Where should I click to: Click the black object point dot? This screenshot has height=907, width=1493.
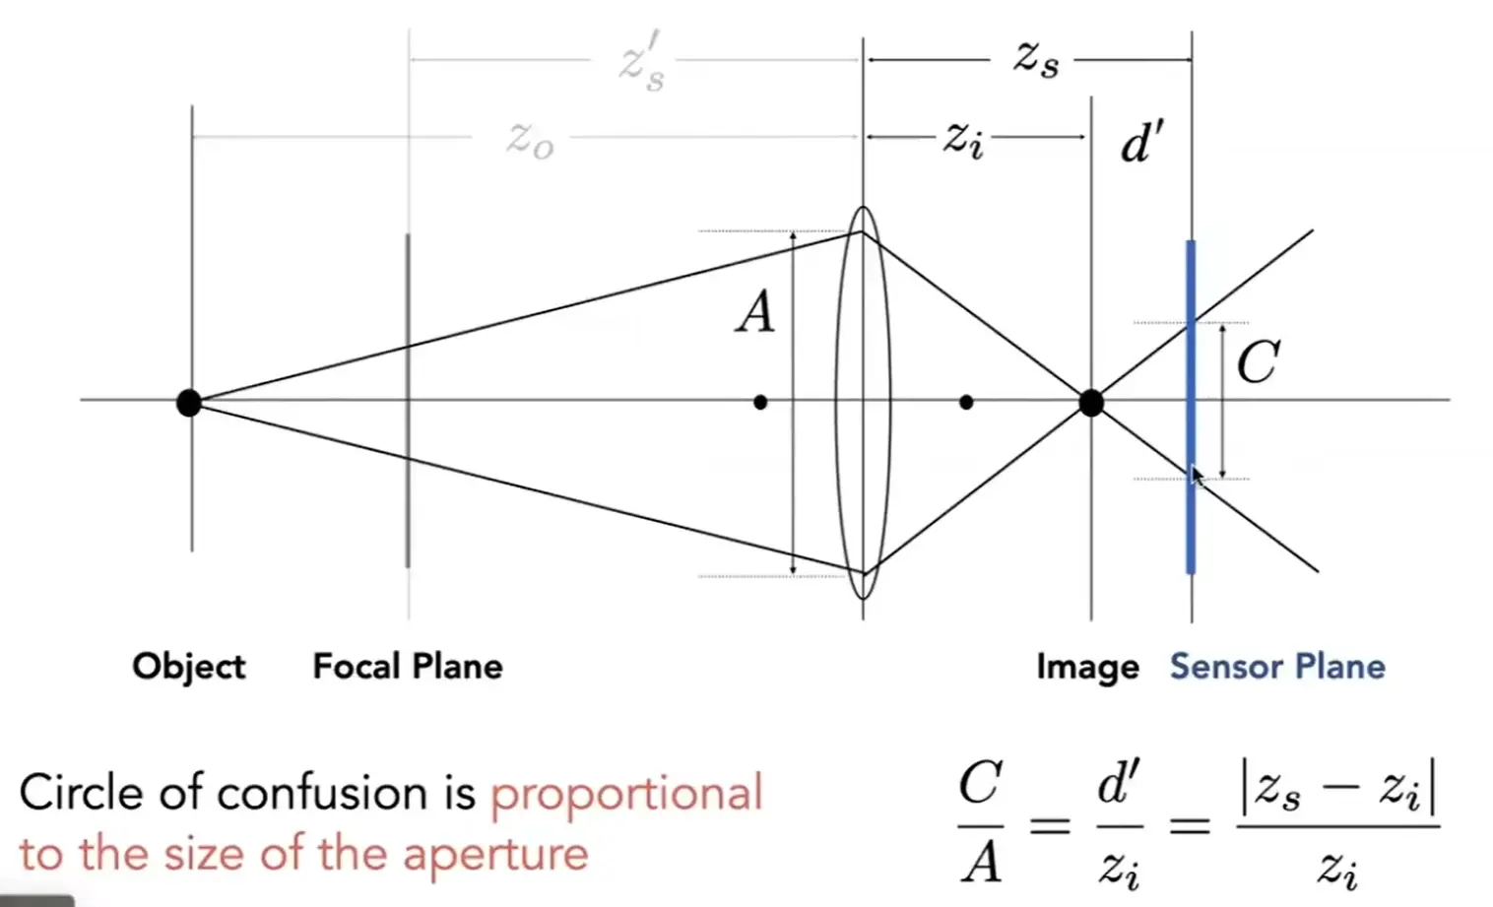click(189, 403)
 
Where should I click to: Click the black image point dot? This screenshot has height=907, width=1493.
click(1091, 403)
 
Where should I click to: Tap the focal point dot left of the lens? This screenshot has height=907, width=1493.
click(760, 403)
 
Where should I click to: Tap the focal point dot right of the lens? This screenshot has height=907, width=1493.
click(966, 403)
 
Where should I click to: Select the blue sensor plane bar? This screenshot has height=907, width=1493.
click(1191, 407)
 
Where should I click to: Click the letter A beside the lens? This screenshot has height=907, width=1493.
click(755, 313)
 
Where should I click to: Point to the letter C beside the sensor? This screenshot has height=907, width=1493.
click(1259, 361)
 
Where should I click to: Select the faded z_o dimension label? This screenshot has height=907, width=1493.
click(530, 141)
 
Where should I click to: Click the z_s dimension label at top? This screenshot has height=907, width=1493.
click(1036, 60)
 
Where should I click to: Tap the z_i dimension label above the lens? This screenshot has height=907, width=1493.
click(963, 140)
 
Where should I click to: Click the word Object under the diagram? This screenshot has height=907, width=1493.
click(189, 667)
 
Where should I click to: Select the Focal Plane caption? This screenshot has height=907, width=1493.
click(408, 667)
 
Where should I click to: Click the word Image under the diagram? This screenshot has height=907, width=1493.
click(1088, 668)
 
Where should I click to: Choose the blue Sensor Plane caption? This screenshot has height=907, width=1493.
click(1277, 667)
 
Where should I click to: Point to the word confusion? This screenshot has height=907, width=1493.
click(323, 793)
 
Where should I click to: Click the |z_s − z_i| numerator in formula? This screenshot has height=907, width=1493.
click(1337, 790)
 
